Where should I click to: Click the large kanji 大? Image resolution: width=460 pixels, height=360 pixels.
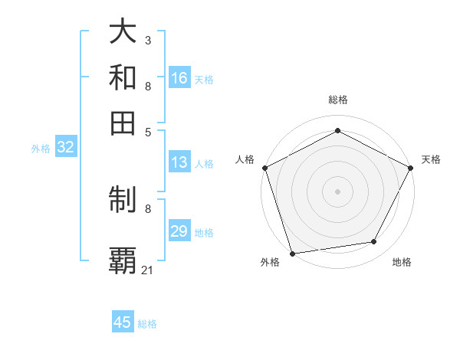(123, 31)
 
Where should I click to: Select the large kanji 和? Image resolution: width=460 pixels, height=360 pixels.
(123, 77)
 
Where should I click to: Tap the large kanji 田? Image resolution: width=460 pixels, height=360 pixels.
(123, 123)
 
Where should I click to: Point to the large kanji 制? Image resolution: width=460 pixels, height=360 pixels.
(123, 201)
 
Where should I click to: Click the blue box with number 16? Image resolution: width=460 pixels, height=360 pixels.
(179, 78)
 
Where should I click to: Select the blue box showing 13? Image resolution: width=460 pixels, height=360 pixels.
(179, 162)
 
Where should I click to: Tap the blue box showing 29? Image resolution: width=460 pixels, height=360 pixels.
(179, 231)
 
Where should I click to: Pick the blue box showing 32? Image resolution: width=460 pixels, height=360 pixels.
(65, 148)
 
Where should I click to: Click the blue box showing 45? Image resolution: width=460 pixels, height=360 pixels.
(123, 322)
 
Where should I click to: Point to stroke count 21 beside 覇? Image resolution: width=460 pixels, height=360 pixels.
(148, 270)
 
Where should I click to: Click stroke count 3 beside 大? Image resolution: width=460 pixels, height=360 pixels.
(147, 40)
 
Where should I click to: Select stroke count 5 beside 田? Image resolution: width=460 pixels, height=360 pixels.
(148, 131)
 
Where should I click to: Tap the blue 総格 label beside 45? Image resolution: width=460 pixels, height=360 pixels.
(147, 324)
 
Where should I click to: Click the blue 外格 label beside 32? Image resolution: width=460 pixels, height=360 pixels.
(41, 149)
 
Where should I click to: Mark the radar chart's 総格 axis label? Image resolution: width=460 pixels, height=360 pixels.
(337, 100)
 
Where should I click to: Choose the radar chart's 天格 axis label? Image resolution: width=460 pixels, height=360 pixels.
(431, 159)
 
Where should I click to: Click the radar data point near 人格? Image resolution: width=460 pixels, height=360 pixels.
(264, 167)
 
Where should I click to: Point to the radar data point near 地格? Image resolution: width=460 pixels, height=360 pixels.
(374, 242)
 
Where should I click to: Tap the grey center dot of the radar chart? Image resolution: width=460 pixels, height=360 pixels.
(337, 191)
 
